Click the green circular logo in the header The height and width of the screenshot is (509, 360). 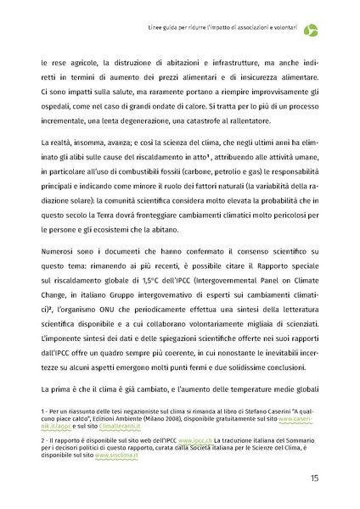pos(313,31)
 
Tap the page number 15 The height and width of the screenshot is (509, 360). pos(314,478)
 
